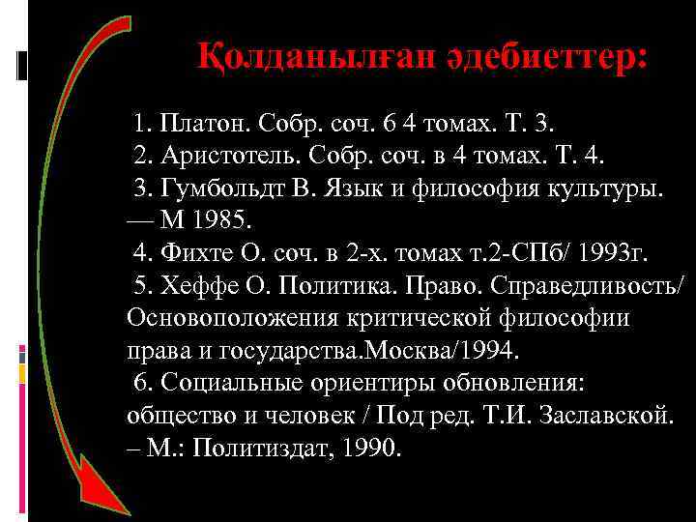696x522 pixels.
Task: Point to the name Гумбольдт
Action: click(x=214, y=188)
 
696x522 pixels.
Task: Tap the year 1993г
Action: click(x=615, y=253)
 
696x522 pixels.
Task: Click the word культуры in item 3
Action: click(x=613, y=188)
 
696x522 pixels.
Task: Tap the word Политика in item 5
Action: click(x=341, y=285)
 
